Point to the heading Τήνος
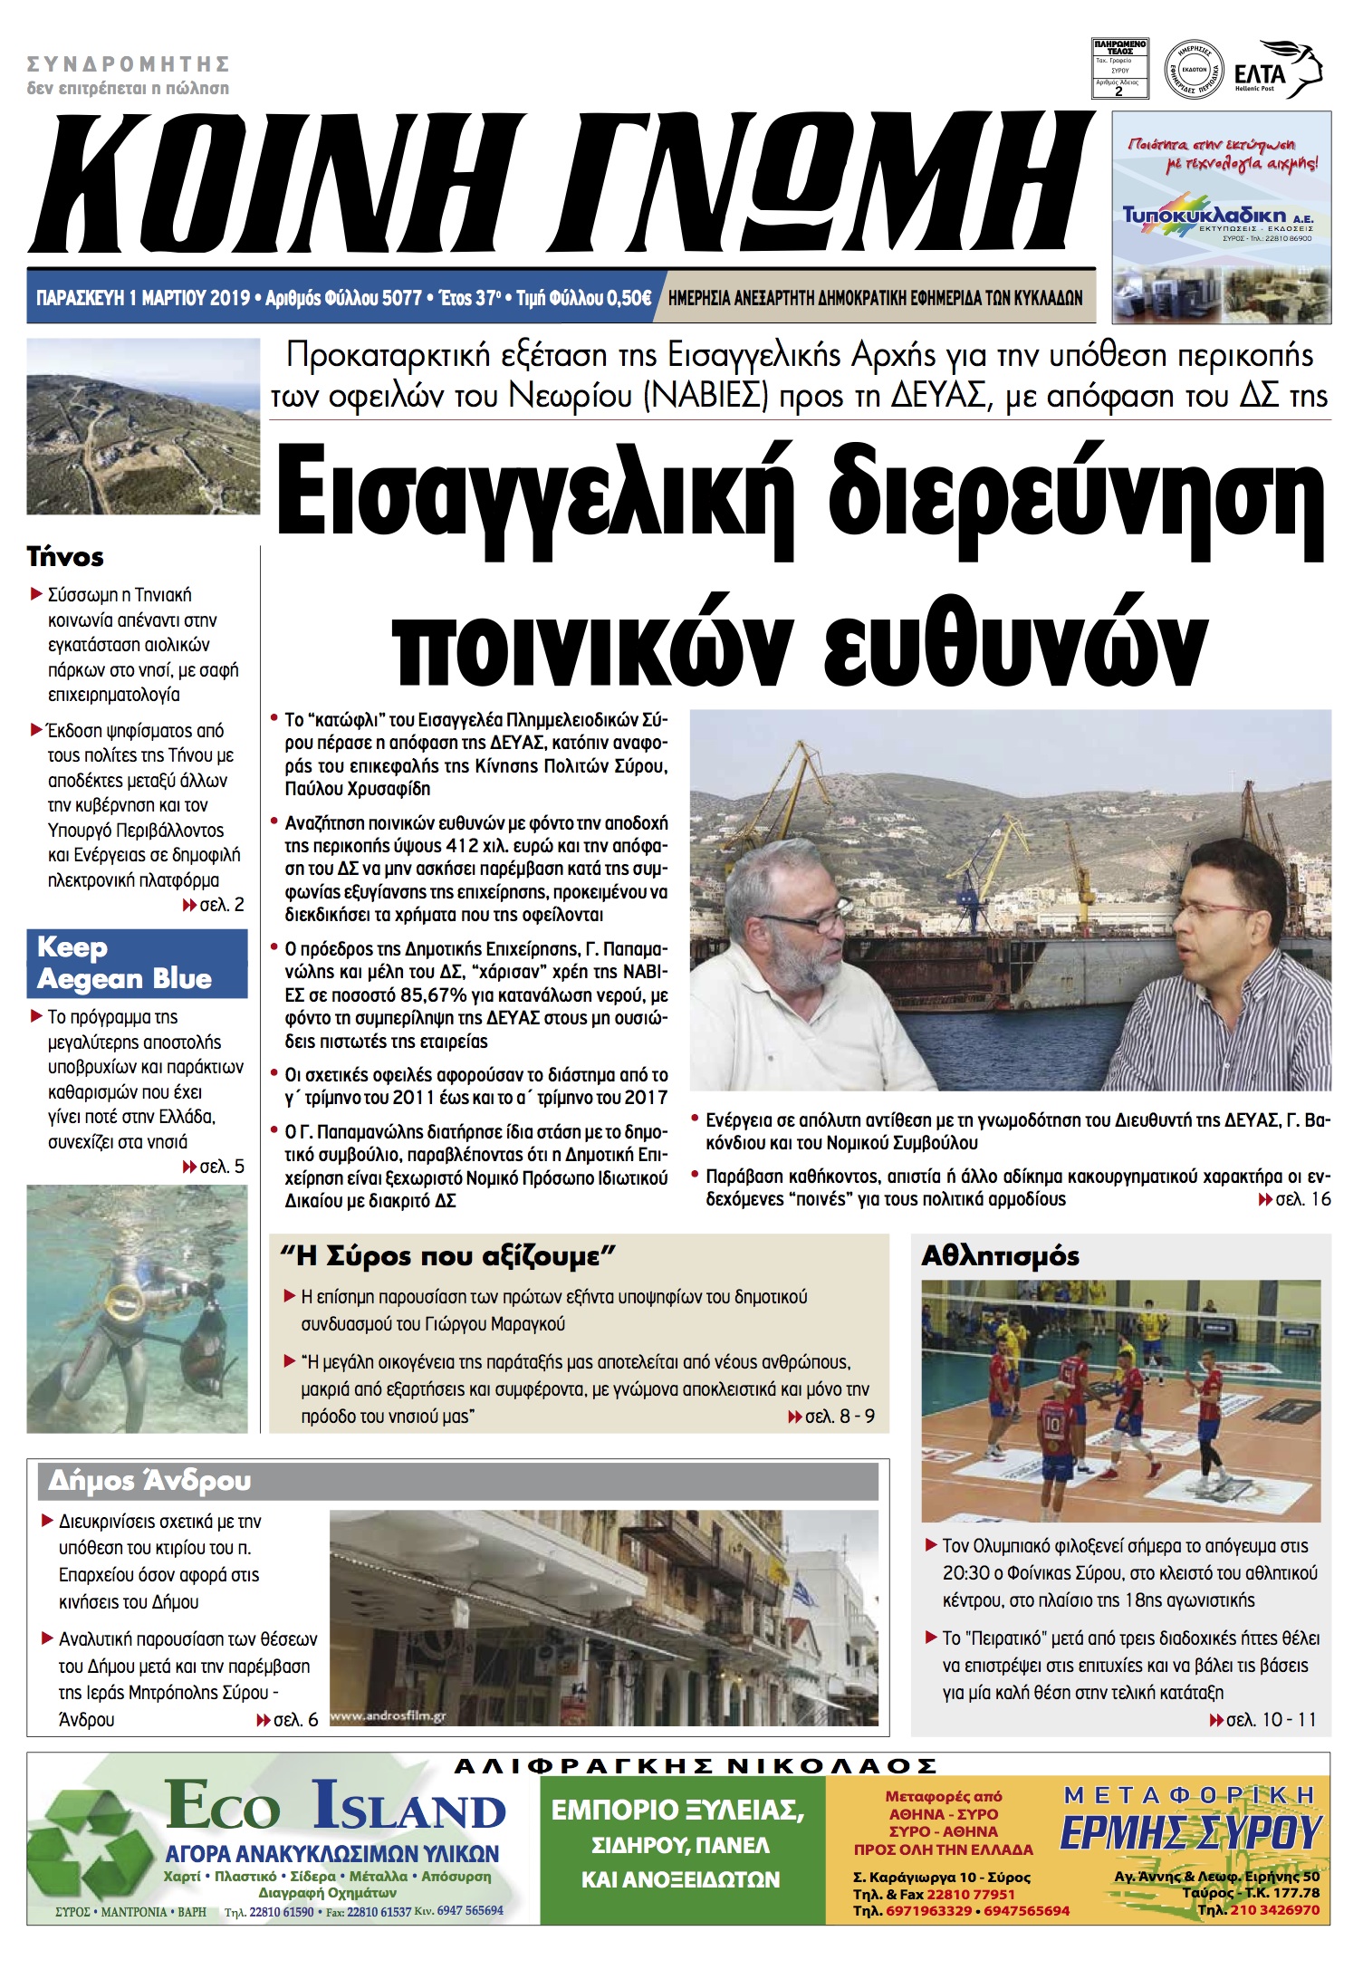click(65, 556)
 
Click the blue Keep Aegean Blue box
click(137, 964)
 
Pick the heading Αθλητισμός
click(1000, 1256)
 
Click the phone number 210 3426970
click(1273, 1909)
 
